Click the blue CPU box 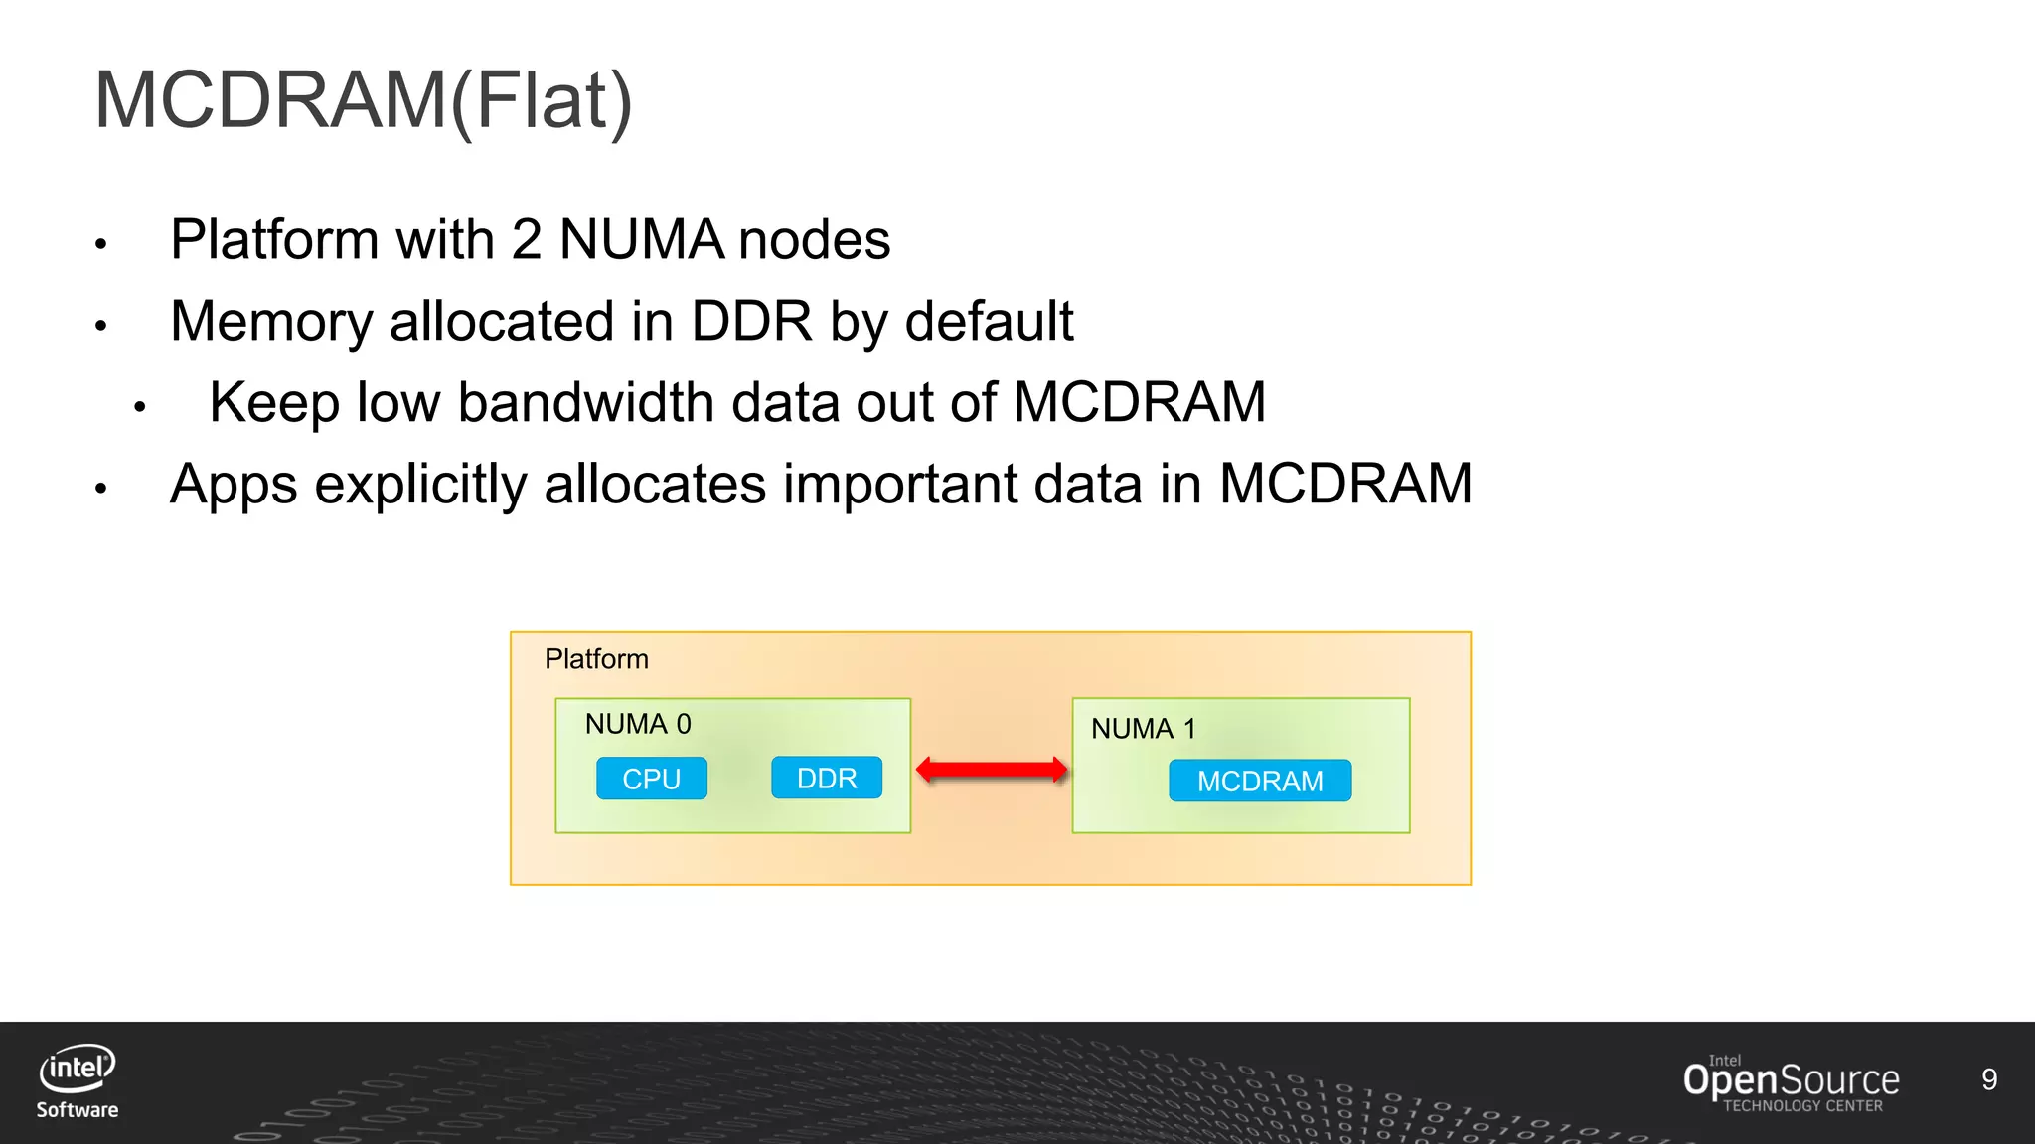(652, 779)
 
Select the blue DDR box (827, 778)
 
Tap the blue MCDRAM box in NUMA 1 (1260, 781)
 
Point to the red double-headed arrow (992, 770)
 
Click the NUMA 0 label (638, 724)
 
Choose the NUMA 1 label (1144, 729)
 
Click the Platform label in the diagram (596, 659)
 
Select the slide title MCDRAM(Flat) (364, 100)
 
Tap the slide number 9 (1989, 1079)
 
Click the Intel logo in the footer (78, 1069)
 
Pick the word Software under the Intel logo (78, 1110)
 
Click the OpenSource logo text (1791, 1079)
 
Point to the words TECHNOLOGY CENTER (1802, 1106)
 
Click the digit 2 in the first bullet (527, 240)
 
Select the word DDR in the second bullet (751, 322)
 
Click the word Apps (234, 485)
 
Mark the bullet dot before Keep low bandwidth (140, 406)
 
